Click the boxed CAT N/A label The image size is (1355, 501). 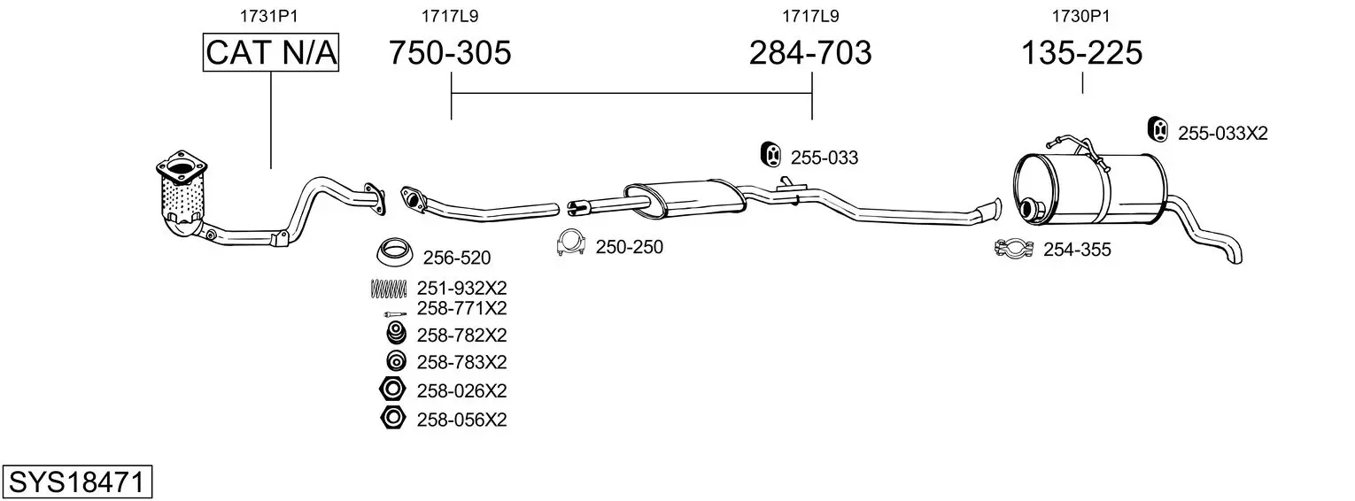click(270, 52)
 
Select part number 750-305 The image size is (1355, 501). click(450, 52)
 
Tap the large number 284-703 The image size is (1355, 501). click(810, 52)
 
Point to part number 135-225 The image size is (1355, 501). click(1081, 52)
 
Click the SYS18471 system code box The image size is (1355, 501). click(77, 482)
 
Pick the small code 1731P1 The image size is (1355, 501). click(269, 16)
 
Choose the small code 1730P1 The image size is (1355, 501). click(1081, 16)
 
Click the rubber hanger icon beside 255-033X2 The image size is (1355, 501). click(1158, 128)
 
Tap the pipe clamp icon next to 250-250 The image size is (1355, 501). click(570, 243)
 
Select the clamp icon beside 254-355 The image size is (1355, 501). click(1013, 248)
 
